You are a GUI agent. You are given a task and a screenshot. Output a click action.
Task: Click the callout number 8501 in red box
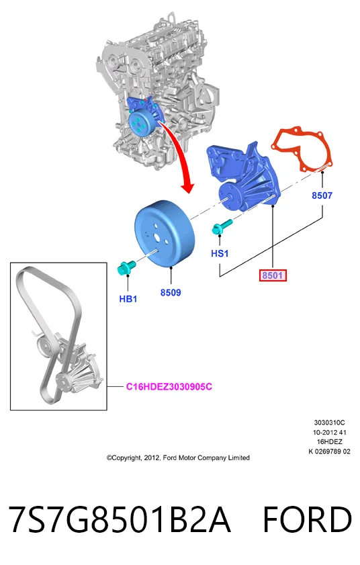coord(273,275)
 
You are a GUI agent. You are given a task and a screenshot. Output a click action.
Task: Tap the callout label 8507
coord(322,195)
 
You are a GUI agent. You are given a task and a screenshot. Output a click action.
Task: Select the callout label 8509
coord(171,292)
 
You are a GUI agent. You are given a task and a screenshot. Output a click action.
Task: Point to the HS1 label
coord(220,253)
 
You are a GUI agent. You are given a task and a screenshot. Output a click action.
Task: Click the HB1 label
coord(128,299)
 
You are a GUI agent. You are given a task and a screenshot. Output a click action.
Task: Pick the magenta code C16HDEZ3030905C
coord(169,387)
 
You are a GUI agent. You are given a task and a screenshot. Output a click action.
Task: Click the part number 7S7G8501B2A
coord(120,519)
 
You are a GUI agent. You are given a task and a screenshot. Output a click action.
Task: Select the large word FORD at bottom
coord(308,519)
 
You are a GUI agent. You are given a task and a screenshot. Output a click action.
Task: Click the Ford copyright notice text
coord(178,458)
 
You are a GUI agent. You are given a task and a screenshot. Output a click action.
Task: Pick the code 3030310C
coord(329,423)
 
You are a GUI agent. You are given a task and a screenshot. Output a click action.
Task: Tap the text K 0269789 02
coord(329,451)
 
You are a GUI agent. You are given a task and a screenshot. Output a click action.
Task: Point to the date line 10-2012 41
coord(329,432)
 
